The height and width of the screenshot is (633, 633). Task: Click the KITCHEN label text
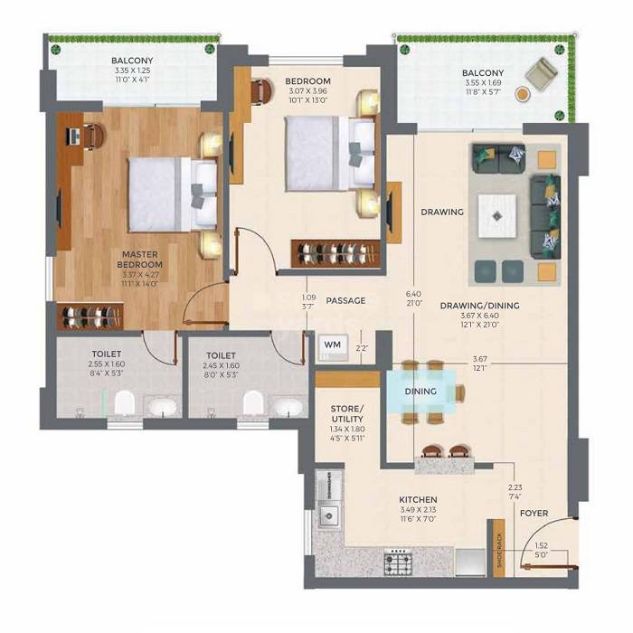point(418,499)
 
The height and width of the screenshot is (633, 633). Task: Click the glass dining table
point(422,392)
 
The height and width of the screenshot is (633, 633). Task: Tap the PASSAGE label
point(345,300)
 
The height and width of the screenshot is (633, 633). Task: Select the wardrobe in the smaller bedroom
point(335,252)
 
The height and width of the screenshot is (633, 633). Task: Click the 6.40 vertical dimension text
point(414,294)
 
